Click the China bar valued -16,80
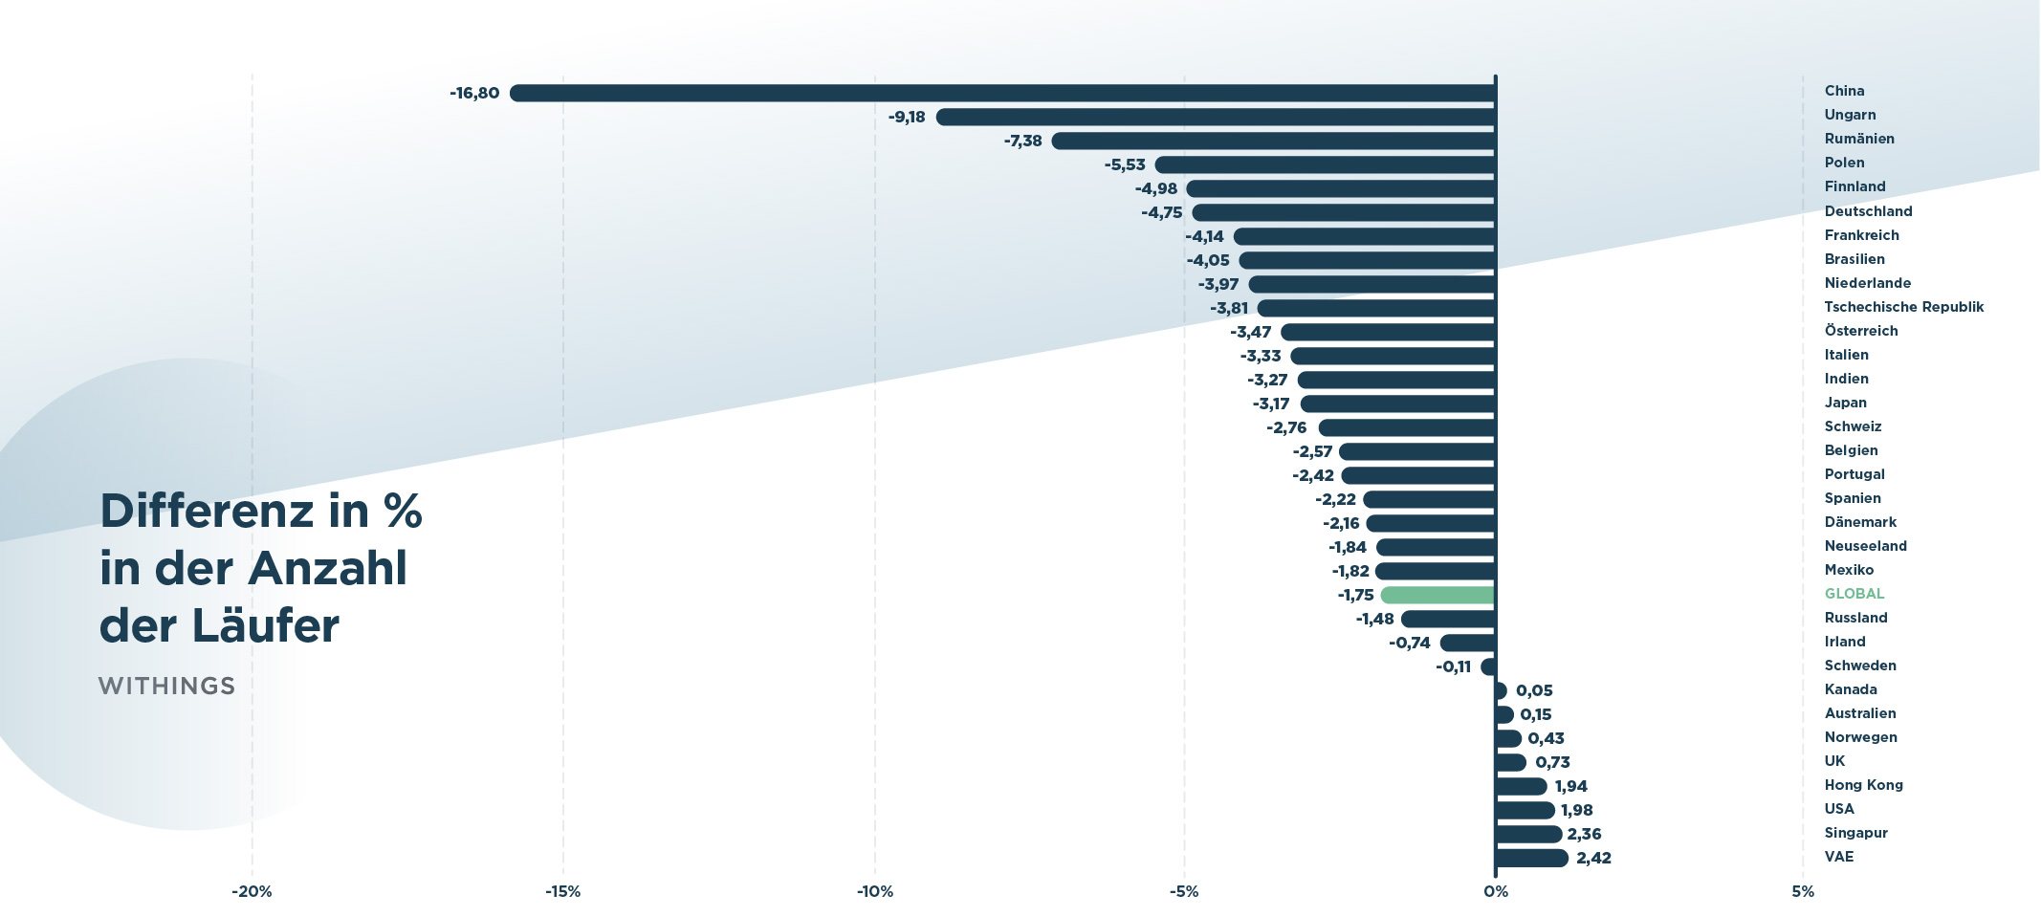pos(1002,93)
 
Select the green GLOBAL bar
pos(1437,595)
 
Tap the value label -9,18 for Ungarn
pos(907,117)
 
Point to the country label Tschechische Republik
pos(1903,307)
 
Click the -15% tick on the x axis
pos(562,891)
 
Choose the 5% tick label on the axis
pos(1802,891)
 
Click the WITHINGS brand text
pos(166,686)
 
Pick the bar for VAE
pos(1531,858)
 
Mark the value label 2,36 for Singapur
pos(1584,834)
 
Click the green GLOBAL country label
pos(1854,594)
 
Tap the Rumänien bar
pos(1273,141)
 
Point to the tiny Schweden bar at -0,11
pos(1488,666)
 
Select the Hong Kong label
pos(1863,785)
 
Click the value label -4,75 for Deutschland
pos(1161,212)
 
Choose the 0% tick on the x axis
pos(1495,891)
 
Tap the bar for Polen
pos(1325,164)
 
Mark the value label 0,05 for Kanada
pos(1534,690)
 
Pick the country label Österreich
pos(1860,331)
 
